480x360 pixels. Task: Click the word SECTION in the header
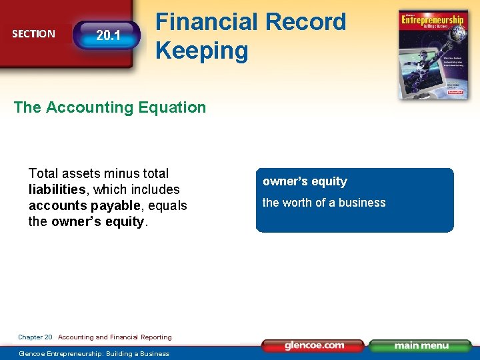tap(33, 34)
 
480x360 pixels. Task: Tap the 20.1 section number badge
tap(108, 35)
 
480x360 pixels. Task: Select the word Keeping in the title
tap(201, 51)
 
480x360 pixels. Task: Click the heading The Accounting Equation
tap(110, 107)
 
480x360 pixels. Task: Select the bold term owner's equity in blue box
tap(305, 181)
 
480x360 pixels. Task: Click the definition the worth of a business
tap(324, 203)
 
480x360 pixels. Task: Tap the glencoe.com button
tap(313, 345)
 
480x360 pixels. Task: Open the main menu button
tap(421, 345)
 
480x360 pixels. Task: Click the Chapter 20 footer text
tap(35, 337)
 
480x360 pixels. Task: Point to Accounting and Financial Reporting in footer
tap(115, 337)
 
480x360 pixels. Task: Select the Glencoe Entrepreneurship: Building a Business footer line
tap(94, 353)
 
